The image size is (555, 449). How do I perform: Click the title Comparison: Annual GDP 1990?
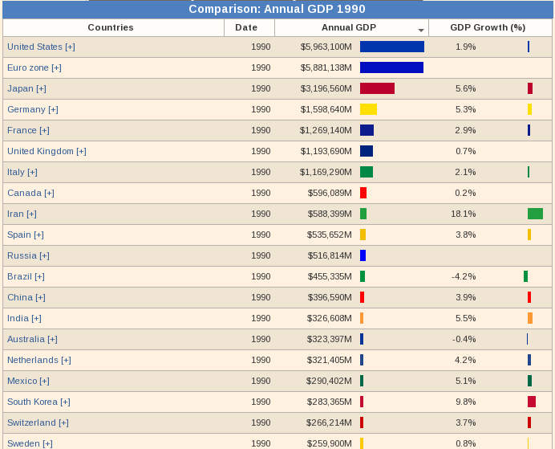(277, 9)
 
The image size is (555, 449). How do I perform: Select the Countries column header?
(111, 27)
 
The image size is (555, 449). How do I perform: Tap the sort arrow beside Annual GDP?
(421, 30)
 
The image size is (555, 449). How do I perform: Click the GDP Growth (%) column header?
(488, 27)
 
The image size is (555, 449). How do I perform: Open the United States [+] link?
(41, 47)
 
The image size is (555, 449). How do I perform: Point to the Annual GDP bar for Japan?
(377, 88)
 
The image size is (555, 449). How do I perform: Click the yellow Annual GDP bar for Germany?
(368, 109)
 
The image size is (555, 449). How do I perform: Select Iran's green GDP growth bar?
(535, 214)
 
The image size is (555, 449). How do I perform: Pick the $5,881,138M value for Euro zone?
(326, 67)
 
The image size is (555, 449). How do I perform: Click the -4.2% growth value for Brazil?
(464, 276)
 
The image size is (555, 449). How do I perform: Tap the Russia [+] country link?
(28, 255)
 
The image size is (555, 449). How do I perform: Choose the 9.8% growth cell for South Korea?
(465, 402)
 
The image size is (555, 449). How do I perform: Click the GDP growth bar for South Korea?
(532, 402)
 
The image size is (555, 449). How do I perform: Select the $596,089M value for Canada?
(330, 193)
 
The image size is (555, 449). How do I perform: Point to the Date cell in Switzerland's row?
(261, 422)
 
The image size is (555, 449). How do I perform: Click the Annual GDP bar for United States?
(391, 47)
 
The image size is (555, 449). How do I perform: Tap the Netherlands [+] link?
(38, 360)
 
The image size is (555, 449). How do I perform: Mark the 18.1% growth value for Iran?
(464, 214)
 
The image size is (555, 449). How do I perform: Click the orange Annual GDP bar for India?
(362, 318)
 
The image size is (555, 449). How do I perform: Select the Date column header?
(246, 27)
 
